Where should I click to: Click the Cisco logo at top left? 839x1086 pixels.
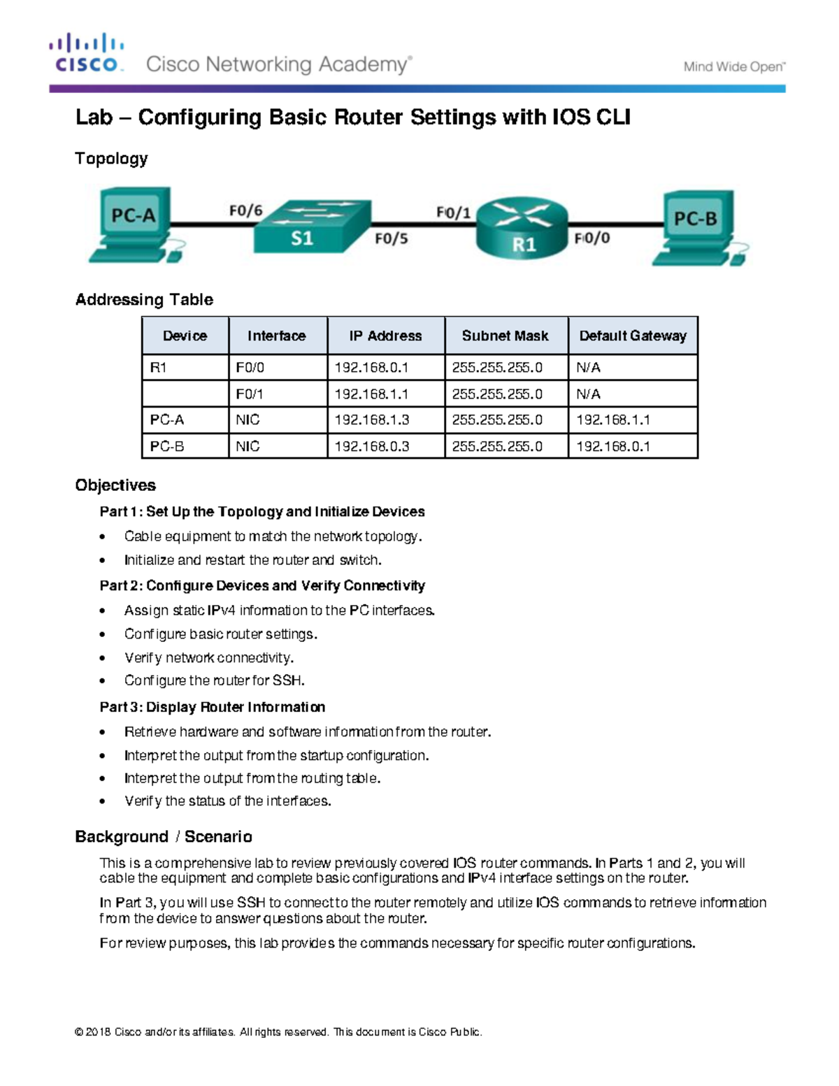(x=86, y=53)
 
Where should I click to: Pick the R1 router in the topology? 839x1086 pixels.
(x=522, y=228)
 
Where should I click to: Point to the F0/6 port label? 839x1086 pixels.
(x=245, y=210)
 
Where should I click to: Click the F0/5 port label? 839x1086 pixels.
(x=391, y=238)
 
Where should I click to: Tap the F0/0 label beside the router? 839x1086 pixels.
(x=592, y=238)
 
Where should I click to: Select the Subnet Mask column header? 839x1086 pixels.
(x=505, y=336)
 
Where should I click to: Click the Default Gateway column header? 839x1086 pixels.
(x=633, y=336)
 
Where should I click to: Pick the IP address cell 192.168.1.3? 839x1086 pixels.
(x=371, y=420)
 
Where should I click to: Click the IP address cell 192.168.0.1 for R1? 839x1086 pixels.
(x=371, y=368)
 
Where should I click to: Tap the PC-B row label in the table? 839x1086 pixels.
(x=167, y=446)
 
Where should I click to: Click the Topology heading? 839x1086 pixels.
(x=111, y=159)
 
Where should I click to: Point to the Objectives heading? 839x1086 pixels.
(x=115, y=485)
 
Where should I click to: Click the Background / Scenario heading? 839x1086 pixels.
(x=164, y=837)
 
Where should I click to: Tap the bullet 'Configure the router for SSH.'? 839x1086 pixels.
(x=214, y=680)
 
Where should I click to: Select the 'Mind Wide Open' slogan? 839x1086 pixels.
(x=733, y=67)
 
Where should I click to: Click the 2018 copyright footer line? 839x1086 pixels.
(x=278, y=1032)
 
